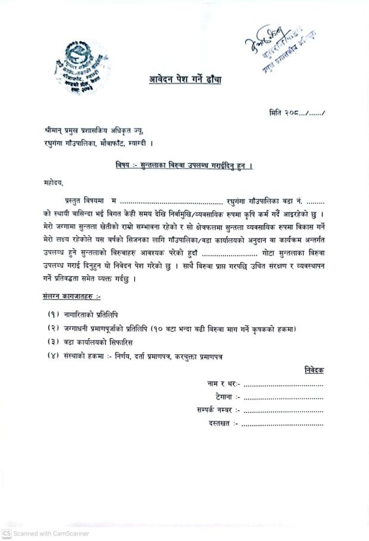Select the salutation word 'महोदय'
53,182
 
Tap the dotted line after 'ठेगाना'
283,397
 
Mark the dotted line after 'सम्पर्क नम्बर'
283,410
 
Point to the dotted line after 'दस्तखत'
283,424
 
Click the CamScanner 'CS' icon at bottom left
7,533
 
